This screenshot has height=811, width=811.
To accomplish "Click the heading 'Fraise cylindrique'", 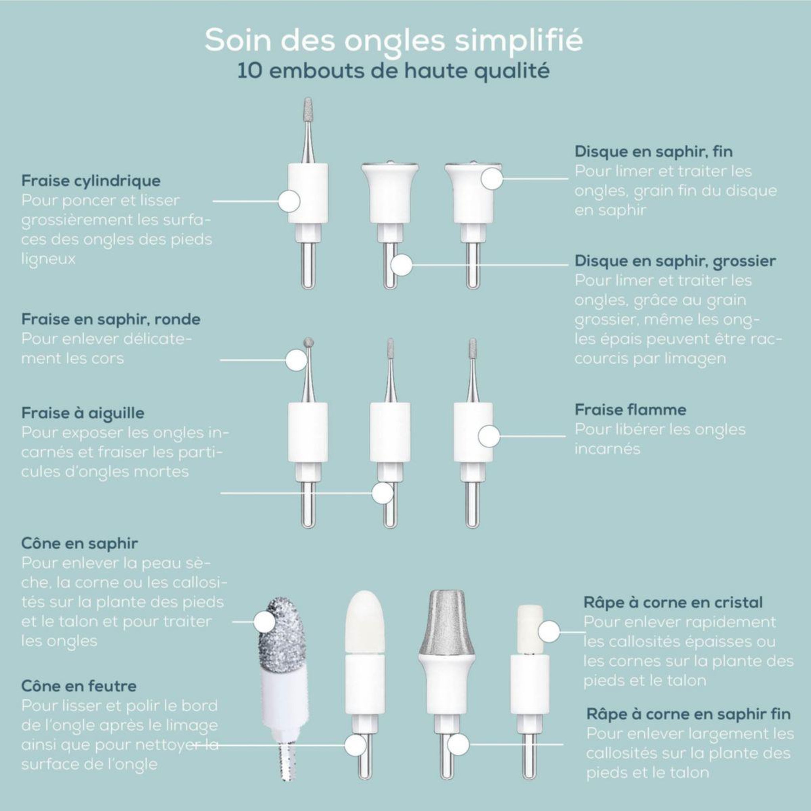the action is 91,181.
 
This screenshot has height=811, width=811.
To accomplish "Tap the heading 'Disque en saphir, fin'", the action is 653,152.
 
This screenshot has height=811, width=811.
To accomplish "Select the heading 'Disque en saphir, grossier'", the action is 676,261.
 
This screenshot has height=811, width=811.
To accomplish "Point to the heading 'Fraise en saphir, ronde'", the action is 111,320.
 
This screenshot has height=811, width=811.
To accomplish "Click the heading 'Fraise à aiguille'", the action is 83,413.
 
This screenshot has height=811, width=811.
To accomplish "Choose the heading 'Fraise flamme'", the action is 630,410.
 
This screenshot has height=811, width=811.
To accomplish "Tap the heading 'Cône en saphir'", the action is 79,544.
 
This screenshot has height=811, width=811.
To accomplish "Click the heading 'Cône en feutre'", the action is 79,686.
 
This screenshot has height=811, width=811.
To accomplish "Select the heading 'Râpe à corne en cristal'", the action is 673,602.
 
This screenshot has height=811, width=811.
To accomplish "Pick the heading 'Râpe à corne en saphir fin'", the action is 688,714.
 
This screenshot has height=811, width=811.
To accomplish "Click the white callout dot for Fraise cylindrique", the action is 289,201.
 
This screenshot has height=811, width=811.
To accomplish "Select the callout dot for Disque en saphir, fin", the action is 492,179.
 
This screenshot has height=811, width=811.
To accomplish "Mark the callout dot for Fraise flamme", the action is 489,436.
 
